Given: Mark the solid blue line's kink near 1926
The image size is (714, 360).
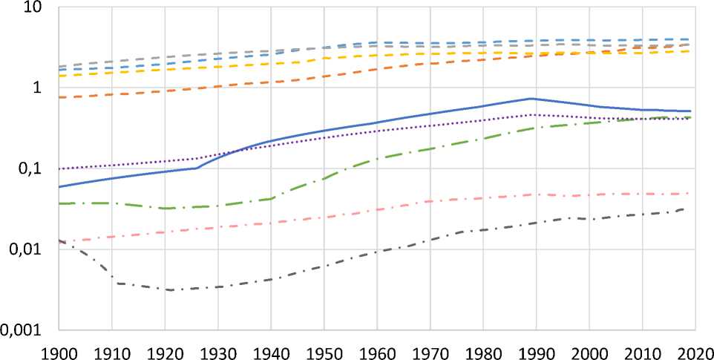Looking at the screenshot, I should [x=197, y=168].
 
